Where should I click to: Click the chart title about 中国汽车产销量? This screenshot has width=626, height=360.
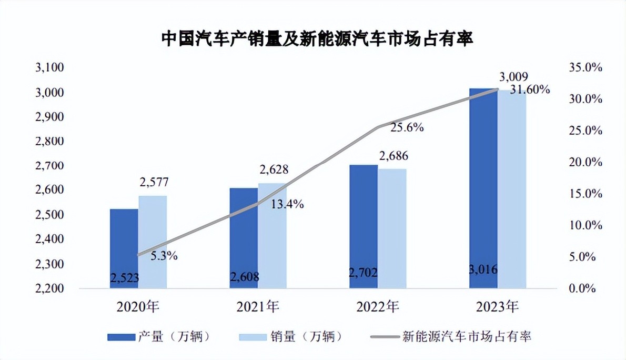tap(317, 39)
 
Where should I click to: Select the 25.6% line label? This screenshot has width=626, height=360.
tap(407, 127)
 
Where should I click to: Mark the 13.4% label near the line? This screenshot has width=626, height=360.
tap(287, 205)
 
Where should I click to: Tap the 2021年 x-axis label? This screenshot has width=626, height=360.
tap(257, 306)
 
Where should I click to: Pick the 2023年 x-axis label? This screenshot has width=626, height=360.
tap(497, 306)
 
